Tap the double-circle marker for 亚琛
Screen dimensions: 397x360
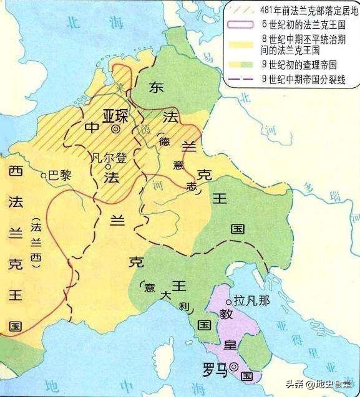(x=116, y=130)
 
